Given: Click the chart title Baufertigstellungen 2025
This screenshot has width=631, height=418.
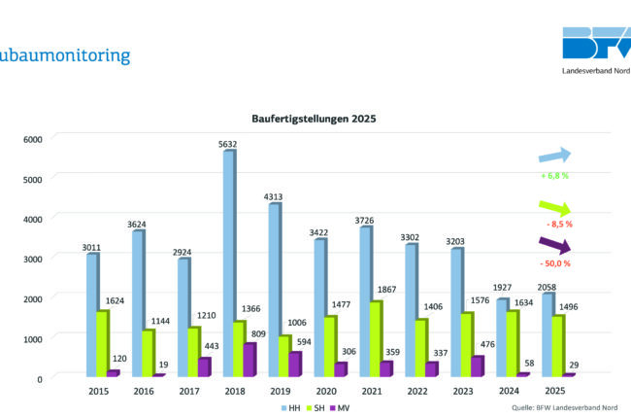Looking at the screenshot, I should (x=314, y=119).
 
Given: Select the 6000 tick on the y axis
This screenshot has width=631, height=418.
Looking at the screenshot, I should (x=34, y=138).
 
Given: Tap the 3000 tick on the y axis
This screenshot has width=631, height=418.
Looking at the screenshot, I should (x=34, y=258).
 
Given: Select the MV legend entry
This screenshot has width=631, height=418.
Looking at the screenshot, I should (x=341, y=407).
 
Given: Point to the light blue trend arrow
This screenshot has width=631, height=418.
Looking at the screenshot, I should (x=555, y=156).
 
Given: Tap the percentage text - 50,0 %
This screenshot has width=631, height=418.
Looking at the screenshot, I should (x=555, y=263).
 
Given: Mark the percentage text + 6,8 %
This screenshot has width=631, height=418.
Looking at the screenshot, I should (x=555, y=176).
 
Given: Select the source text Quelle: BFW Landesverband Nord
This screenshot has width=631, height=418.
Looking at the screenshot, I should (x=563, y=407).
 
